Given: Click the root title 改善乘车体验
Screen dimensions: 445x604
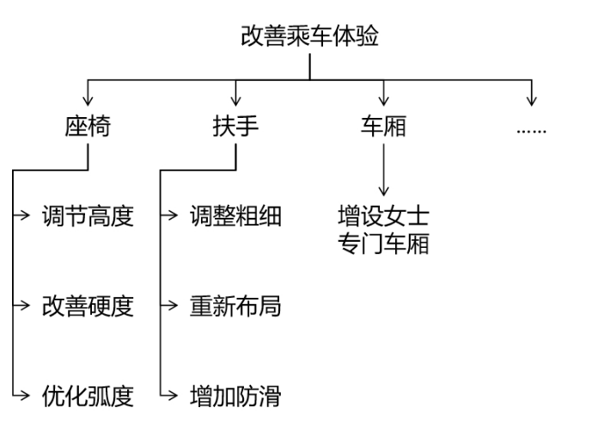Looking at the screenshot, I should coord(309,37).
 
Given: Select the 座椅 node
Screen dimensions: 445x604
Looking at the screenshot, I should coord(88,127).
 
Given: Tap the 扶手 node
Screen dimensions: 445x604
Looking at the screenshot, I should coord(235,127).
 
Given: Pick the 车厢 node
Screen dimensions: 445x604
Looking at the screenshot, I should coord(383,127).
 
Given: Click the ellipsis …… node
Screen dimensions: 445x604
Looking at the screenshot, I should coord(531,129).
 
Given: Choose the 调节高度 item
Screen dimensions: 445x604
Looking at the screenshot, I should coord(88,216).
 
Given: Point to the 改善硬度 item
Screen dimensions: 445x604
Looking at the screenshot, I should coord(88,306).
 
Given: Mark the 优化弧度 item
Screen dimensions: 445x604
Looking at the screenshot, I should coord(88,396).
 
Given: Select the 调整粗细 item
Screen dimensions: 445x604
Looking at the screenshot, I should coord(235,216).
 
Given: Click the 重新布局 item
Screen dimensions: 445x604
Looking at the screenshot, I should coord(235,306).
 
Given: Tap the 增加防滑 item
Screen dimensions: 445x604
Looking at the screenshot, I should coord(235,396).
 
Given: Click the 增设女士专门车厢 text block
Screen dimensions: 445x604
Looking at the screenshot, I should coord(383,229).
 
